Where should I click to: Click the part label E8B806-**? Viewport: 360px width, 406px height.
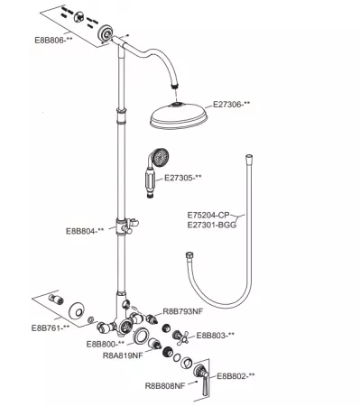pyautogui.click(x=54, y=40)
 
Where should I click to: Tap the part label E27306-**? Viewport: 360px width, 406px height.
pyautogui.click(x=232, y=105)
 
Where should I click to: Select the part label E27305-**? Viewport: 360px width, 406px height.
pyautogui.click(x=183, y=178)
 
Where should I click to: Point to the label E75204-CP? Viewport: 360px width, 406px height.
pyautogui.click(x=208, y=216)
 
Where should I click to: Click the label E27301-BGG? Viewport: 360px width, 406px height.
pyautogui.click(x=212, y=225)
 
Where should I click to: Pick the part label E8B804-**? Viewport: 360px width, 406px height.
pyautogui.click(x=85, y=231)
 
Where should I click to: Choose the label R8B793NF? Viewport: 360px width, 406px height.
pyautogui.click(x=183, y=311)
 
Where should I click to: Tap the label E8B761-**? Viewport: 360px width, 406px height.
pyautogui.click(x=51, y=328)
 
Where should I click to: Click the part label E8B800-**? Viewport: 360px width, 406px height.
pyautogui.click(x=106, y=344)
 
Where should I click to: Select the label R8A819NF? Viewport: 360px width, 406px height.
pyautogui.click(x=123, y=355)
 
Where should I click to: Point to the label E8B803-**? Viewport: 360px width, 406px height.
pyautogui.click(x=216, y=336)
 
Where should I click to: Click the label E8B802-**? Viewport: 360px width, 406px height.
pyautogui.click(x=235, y=376)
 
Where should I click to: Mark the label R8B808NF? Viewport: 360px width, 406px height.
pyautogui.click(x=165, y=385)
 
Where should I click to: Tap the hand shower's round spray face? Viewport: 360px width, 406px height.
pyautogui.click(x=161, y=157)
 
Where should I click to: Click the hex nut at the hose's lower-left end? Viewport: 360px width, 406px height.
pyautogui.click(x=189, y=255)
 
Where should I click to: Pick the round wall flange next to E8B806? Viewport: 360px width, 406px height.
pyautogui.click(x=106, y=32)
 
